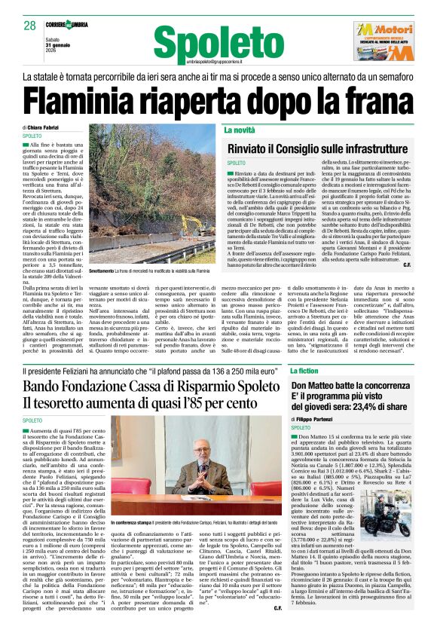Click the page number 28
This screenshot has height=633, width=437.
(29, 26)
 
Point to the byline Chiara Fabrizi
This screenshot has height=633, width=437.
(47, 128)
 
